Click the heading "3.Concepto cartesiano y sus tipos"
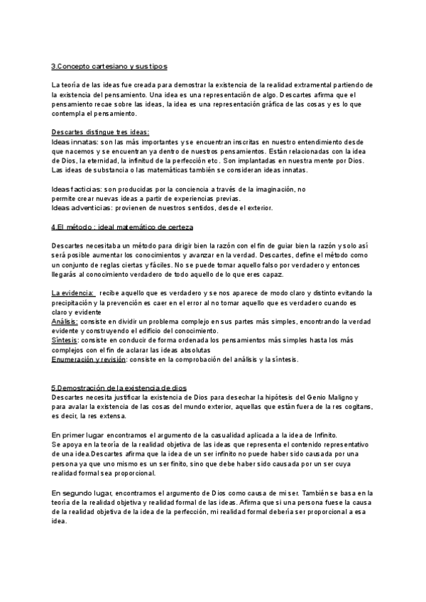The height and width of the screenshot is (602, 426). point(109,67)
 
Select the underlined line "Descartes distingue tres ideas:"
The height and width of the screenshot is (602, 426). point(99,132)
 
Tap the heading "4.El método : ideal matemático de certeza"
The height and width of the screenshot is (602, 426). point(122,226)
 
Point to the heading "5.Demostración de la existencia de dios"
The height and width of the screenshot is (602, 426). point(119,388)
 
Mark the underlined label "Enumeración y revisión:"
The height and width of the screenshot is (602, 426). point(89,359)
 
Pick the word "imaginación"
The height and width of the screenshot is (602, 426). point(278,190)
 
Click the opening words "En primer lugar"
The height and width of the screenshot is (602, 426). point(79,434)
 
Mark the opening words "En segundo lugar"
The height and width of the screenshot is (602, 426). point(82,492)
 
